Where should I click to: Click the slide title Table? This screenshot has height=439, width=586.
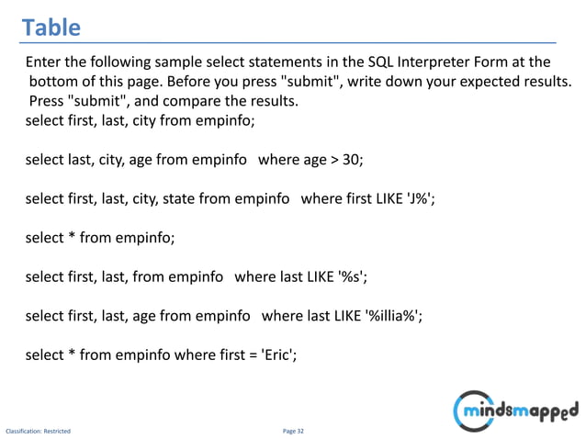click(x=51, y=28)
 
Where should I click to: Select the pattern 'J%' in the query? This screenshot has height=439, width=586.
click(x=415, y=198)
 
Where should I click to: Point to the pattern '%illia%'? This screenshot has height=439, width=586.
click(x=394, y=316)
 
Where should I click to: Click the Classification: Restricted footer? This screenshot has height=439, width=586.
click(x=39, y=429)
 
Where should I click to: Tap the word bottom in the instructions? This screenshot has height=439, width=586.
click(x=58, y=82)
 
